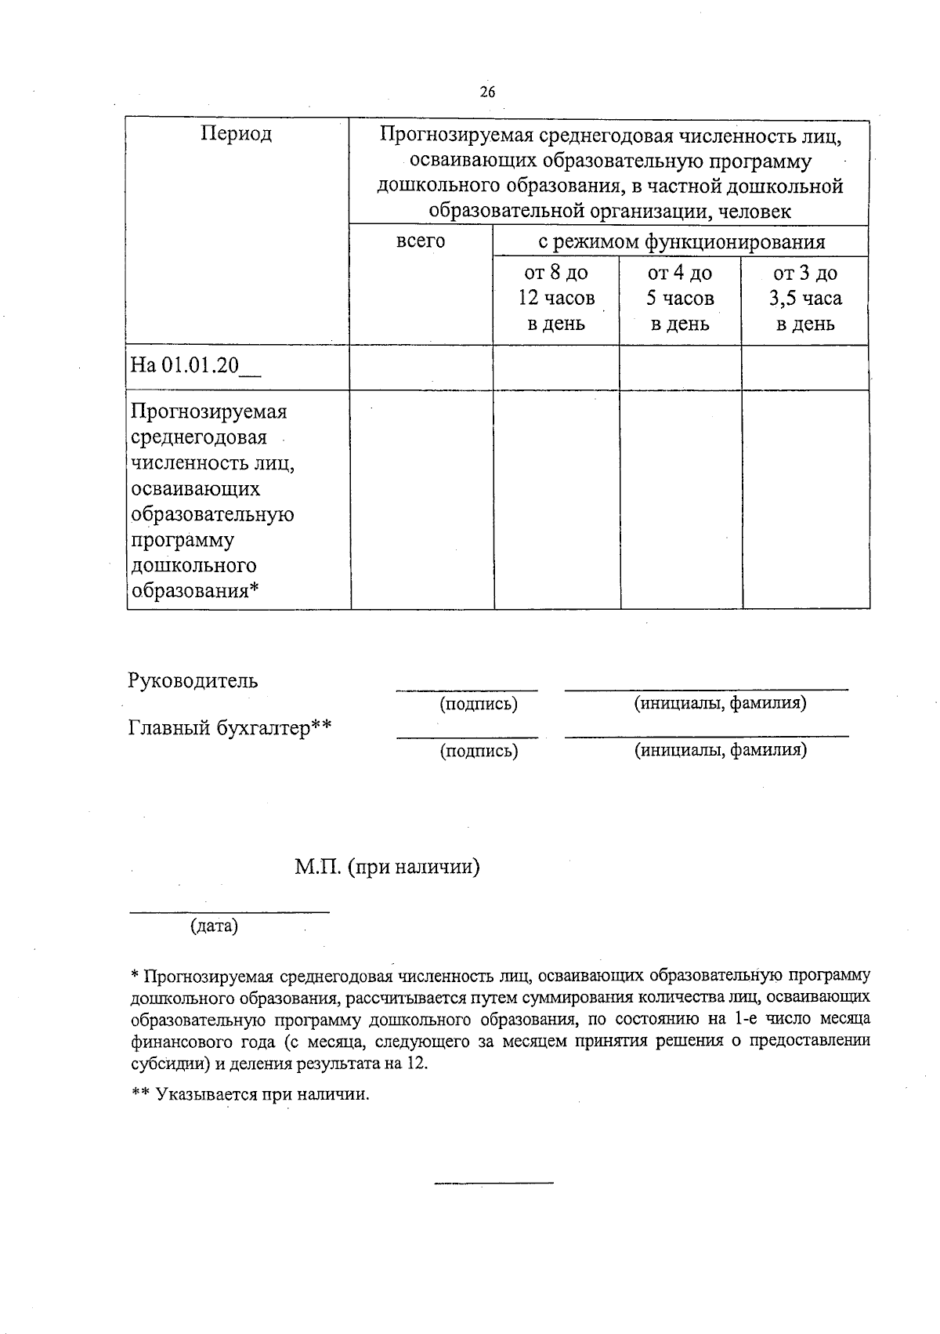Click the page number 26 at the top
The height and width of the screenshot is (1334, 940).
[x=487, y=92]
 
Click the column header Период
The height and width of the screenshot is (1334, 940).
[x=236, y=134]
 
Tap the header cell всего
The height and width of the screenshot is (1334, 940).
[x=421, y=241]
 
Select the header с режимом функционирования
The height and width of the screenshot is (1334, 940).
[x=680, y=241]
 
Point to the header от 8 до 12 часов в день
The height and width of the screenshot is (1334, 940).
[x=555, y=298]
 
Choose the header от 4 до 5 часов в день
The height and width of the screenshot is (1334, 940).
[x=680, y=298]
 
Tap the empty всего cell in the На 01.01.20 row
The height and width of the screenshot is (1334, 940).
[x=421, y=367]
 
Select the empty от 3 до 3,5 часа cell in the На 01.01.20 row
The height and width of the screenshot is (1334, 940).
[x=805, y=367]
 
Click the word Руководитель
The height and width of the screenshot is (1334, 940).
[x=193, y=680]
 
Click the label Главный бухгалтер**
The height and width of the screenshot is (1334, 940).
[x=230, y=728]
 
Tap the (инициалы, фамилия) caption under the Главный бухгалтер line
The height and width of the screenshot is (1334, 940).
[x=719, y=750]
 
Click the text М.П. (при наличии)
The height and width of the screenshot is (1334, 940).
[x=387, y=867]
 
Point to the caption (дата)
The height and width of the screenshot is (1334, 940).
[x=214, y=926]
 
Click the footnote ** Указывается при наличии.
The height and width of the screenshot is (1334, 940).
[x=250, y=1094]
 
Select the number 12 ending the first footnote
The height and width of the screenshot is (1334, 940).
[x=417, y=1064]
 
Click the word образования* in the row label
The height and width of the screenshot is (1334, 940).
[x=194, y=590]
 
